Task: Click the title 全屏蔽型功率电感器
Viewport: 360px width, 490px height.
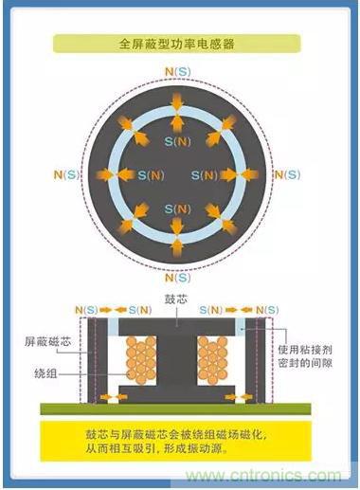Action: (177, 44)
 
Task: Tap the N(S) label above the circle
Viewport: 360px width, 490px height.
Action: (178, 72)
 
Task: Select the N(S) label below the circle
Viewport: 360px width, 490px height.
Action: (178, 278)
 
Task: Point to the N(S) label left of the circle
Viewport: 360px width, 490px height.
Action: (66, 174)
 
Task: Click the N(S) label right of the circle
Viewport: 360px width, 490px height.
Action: (287, 174)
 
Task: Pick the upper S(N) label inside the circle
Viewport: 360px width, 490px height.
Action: (178, 141)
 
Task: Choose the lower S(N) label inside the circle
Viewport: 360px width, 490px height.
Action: (178, 209)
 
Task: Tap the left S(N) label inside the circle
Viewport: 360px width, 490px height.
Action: (151, 175)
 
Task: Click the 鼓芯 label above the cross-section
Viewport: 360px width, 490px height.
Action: (176, 299)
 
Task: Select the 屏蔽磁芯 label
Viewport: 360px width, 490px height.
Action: (48, 342)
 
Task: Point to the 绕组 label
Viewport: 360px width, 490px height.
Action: (45, 373)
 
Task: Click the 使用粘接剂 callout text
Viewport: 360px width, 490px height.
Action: (305, 350)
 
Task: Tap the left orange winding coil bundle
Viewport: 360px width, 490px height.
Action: (141, 360)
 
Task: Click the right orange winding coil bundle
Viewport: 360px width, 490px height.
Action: (212, 360)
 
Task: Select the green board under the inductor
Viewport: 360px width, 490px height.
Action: (175, 408)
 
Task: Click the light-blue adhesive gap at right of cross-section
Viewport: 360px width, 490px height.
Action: (240, 327)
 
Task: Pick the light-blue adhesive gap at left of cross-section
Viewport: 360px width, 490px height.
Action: (113, 327)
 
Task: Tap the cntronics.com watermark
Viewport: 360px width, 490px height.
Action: (263, 476)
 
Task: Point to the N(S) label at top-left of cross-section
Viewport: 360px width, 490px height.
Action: (86, 310)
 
